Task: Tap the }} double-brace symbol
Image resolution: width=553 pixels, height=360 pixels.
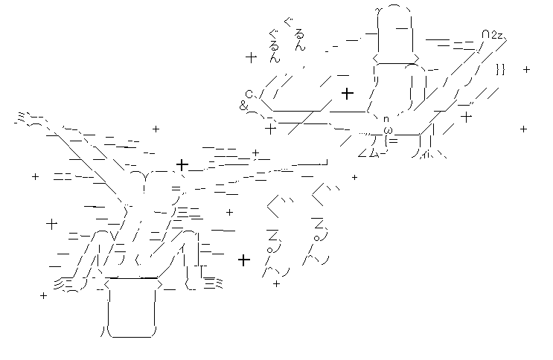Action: [x=500, y=70]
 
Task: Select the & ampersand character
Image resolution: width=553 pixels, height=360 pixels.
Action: [x=243, y=106]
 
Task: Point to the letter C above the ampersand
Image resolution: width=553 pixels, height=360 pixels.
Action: [x=249, y=94]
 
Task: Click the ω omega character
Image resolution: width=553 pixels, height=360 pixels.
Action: [x=388, y=130]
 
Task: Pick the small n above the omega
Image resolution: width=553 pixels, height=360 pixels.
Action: [x=386, y=119]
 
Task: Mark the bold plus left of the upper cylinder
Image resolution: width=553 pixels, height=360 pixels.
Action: [x=347, y=93]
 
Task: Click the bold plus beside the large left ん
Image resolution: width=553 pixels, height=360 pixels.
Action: [x=243, y=260]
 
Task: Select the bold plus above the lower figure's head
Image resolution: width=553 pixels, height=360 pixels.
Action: [x=182, y=164]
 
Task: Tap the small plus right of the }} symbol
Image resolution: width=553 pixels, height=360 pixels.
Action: [x=526, y=70]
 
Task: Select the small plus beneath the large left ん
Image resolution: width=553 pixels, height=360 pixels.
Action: [x=276, y=283]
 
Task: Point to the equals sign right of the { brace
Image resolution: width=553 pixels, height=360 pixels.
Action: [x=394, y=141]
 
